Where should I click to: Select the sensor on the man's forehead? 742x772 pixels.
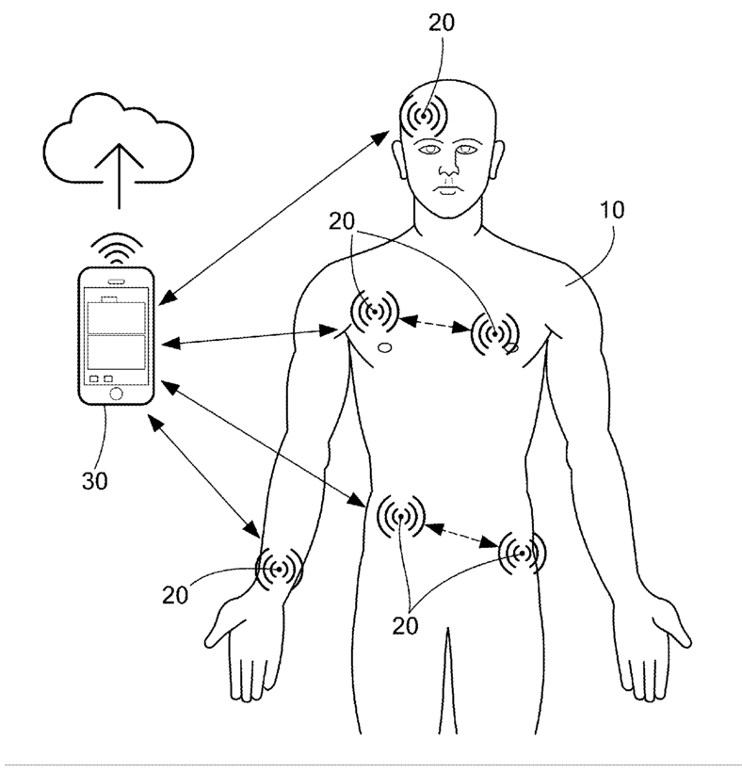tap(424, 118)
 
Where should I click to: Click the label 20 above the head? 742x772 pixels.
tap(440, 24)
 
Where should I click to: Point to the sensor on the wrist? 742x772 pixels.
tap(279, 569)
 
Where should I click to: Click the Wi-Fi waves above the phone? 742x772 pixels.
tap(117, 248)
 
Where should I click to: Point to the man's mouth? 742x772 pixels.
tap(446, 191)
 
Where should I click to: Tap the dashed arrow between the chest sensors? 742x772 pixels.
tap(434, 325)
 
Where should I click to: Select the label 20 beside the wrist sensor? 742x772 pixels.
tap(177, 595)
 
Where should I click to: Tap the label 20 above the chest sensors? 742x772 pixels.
tap(344, 223)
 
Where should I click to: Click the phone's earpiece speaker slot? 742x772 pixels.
tap(117, 280)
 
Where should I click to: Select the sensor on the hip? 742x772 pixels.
tap(521, 554)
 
